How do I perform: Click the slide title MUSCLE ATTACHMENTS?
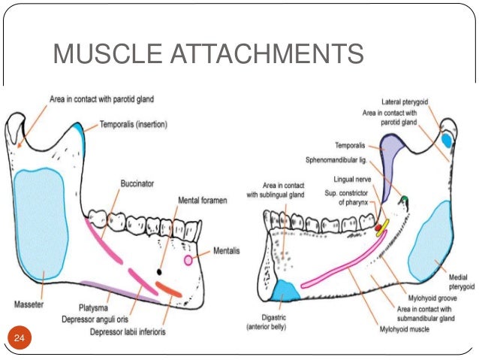coord(208,54)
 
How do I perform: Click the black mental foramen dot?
coord(159,271)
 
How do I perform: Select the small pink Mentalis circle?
coord(188,260)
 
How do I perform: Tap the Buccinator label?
coord(137,183)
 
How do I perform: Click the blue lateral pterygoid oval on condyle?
coord(447,139)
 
